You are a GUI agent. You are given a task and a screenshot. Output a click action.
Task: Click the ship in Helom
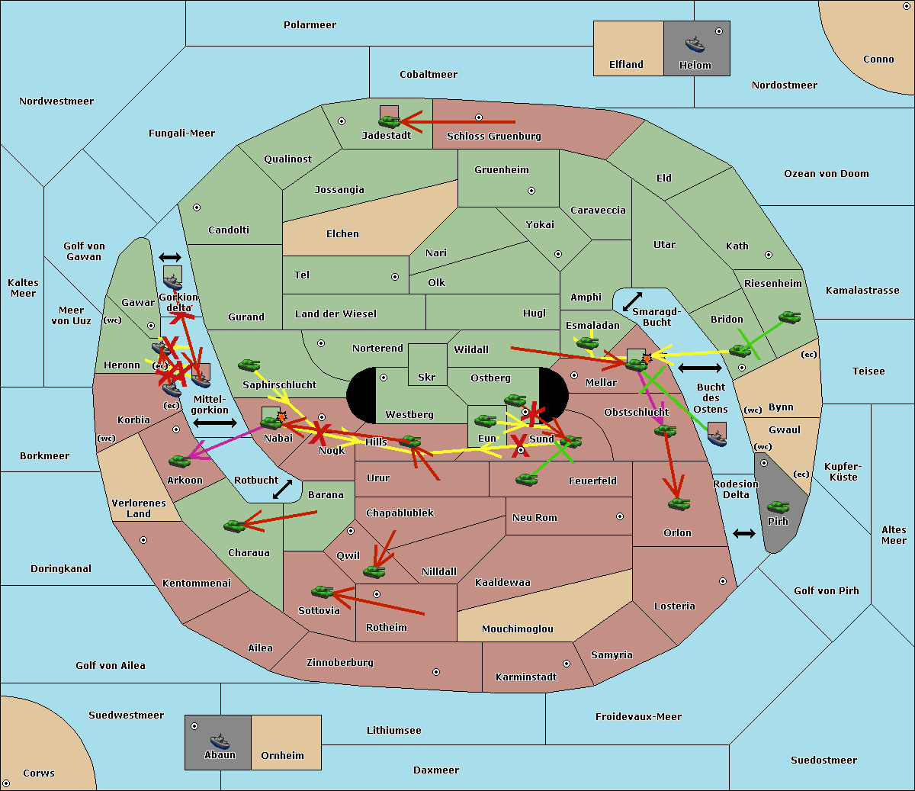tap(695, 44)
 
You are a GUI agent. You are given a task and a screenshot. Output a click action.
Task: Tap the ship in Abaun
tap(220, 741)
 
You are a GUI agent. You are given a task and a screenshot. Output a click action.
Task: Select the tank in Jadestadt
tap(390, 121)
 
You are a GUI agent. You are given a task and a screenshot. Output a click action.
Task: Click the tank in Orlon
tap(678, 503)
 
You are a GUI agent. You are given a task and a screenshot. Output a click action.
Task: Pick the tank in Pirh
tap(778, 507)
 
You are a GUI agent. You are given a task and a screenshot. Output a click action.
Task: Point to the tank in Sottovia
tap(323, 591)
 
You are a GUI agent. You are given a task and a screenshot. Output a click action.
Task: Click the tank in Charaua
tap(235, 526)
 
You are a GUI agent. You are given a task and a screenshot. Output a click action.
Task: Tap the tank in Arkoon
tap(179, 461)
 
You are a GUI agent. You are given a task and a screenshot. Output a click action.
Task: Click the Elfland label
tap(626, 65)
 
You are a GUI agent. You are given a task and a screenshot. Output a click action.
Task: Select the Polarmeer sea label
tap(310, 25)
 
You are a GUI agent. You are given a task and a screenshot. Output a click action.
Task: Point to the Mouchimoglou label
tap(518, 629)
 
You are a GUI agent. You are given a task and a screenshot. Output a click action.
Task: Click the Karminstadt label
tap(526, 677)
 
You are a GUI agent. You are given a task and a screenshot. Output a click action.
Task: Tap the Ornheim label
tap(282, 756)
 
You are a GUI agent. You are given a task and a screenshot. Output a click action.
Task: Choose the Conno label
tap(878, 59)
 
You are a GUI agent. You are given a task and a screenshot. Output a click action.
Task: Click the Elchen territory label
tap(342, 234)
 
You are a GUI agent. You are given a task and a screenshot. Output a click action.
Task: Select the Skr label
tap(426, 378)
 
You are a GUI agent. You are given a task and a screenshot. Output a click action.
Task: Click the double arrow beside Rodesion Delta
tap(744, 533)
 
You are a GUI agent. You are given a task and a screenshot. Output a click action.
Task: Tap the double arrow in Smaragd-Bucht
tap(632, 301)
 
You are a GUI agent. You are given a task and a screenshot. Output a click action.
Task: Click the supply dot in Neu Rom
tap(620, 516)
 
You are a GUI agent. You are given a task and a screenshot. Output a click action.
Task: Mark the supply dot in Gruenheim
tap(531, 191)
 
